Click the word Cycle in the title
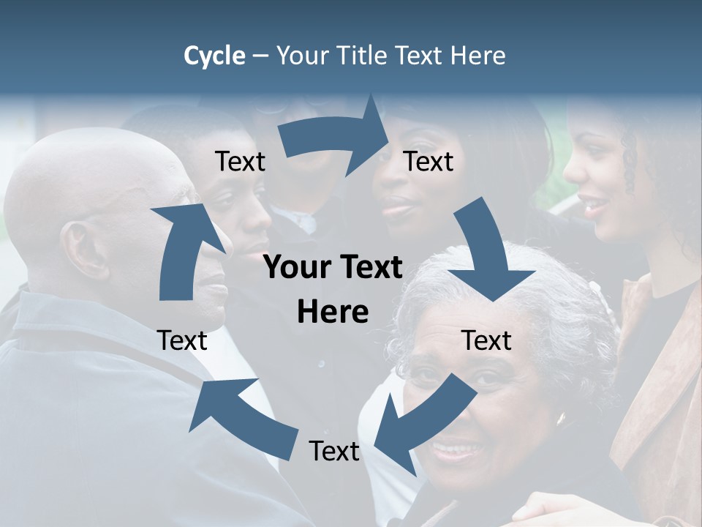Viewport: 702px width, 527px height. tap(214, 56)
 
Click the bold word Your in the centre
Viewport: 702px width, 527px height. tap(295, 268)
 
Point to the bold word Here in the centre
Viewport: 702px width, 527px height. tap(333, 312)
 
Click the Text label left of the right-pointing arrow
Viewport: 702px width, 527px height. tap(240, 162)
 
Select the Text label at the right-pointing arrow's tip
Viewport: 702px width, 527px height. tap(429, 162)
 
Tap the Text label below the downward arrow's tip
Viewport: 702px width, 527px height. tap(487, 340)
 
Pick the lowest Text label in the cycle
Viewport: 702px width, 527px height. tap(334, 451)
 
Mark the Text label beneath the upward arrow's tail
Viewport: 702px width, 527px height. tap(182, 340)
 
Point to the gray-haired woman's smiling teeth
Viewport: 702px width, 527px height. tap(458, 447)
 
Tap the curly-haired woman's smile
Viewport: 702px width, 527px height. tap(597, 204)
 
